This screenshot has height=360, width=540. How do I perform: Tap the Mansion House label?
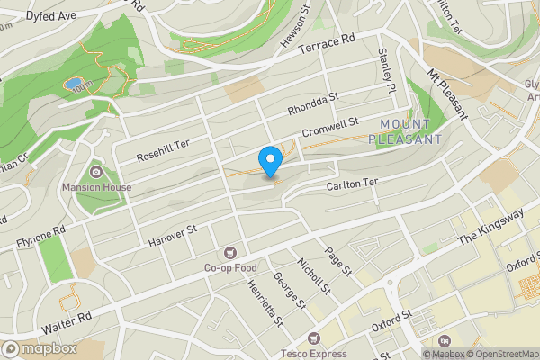click(96, 187)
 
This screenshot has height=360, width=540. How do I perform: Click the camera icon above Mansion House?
click(96, 172)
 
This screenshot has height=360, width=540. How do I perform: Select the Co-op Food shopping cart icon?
click(231, 253)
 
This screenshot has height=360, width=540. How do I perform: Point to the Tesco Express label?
click(313, 353)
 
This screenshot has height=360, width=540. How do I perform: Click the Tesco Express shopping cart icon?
click(313, 337)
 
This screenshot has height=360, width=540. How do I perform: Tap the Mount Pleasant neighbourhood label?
click(411, 131)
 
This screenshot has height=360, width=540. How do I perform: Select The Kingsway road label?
click(490, 228)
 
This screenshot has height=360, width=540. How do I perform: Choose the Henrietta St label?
click(265, 300)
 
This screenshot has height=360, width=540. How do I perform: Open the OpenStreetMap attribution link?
click(501, 354)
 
